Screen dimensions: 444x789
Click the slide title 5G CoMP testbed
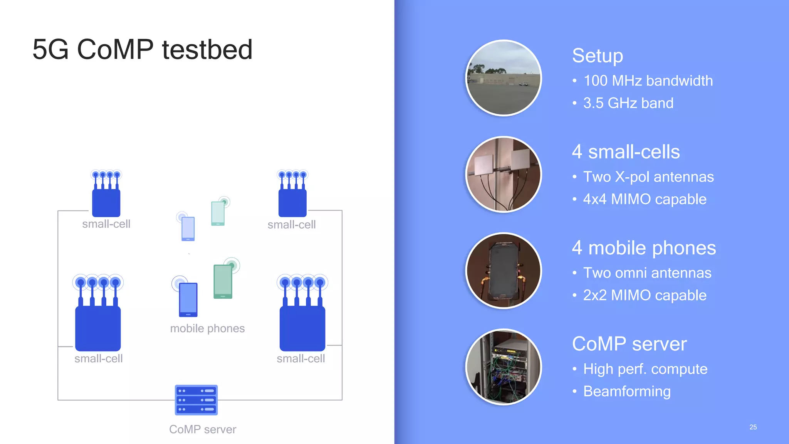coord(142,49)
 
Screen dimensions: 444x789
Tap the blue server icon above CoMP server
coord(196,400)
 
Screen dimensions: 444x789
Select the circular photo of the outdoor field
coord(504,78)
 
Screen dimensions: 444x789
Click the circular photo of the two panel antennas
coord(504,174)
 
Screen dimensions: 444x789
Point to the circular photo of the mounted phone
coord(504,271)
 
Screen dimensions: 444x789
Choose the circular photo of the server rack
coord(504,367)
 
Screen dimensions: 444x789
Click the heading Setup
coord(597,55)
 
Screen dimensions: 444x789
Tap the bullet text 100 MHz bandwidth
coord(648,81)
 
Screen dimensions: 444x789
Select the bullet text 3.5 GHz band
coord(628,103)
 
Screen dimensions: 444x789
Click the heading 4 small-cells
coord(626,151)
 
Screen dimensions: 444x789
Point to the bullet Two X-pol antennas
coord(648,177)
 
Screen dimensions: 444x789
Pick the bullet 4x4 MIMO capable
coord(645,199)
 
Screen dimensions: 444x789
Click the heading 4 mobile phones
coord(644,248)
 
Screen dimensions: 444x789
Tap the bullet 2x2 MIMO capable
coord(645,295)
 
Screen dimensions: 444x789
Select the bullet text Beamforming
coord(627,391)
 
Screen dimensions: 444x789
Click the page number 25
coord(753,427)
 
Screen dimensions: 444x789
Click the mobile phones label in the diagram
coord(207,328)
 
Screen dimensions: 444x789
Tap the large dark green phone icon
coord(223,281)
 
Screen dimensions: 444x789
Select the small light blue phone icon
coord(188,229)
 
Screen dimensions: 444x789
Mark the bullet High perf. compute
coord(645,369)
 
